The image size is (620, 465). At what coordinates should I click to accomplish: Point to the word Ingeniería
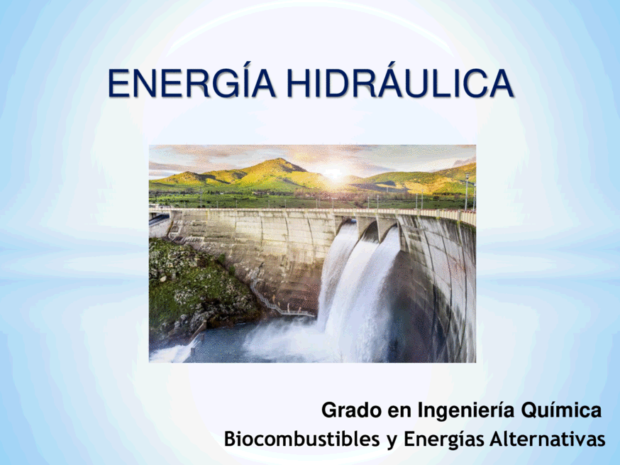click(466, 410)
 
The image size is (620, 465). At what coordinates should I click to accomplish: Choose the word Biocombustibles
click(301, 439)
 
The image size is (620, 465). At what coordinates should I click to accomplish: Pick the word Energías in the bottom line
click(444, 439)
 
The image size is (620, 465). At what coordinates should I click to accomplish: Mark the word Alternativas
click(547, 439)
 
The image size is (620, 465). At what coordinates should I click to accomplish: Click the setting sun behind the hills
click(335, 174)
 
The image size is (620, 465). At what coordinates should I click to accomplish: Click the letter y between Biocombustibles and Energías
click(392, 441)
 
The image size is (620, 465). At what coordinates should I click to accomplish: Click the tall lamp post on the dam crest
click(467, 192)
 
